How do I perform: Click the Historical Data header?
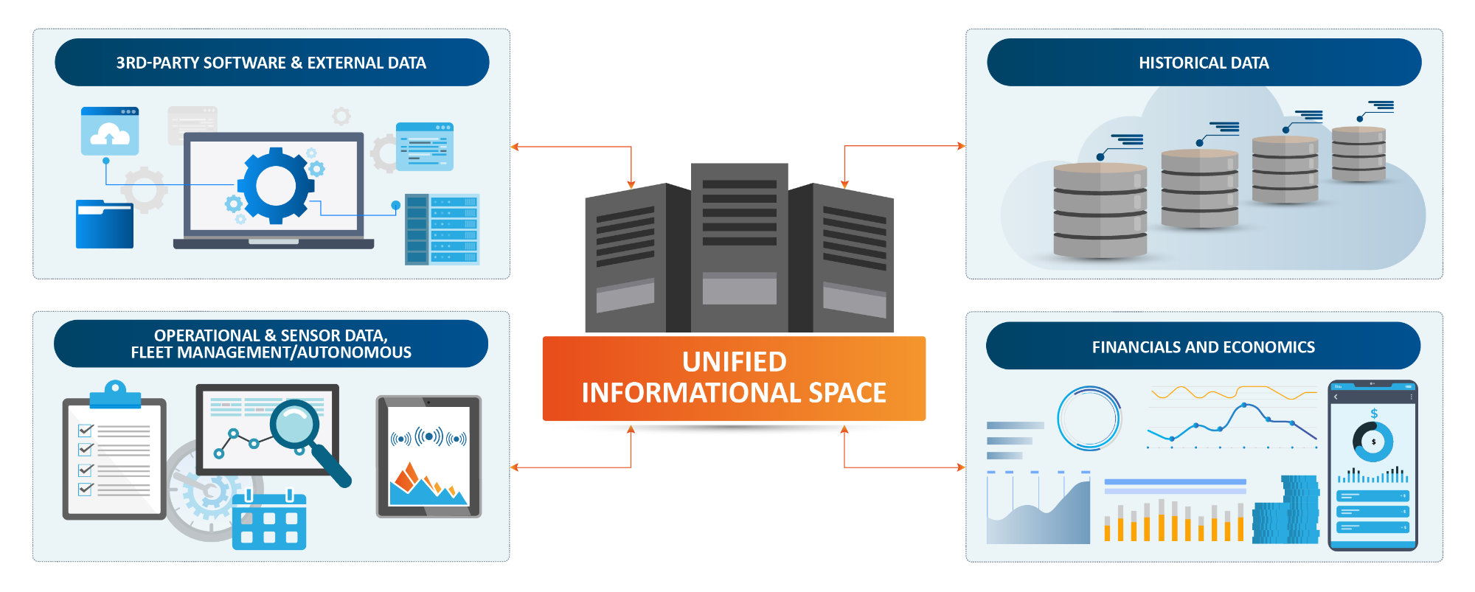(1204, 63)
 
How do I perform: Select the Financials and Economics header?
(1203, 347)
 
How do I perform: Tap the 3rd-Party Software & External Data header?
(271, 63)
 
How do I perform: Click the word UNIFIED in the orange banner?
(734, 362)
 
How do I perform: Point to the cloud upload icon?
(110, 132)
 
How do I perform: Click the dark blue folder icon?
(104, 224)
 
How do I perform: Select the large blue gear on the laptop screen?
(275, 185)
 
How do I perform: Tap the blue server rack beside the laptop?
(442, 229)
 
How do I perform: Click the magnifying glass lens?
(294, 423)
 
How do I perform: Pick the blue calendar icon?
(268, 520)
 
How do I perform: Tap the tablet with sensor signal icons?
(428, 457)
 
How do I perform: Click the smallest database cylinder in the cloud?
(1358, 155)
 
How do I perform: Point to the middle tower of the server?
(739, 247)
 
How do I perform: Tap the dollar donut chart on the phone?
(1372, 441)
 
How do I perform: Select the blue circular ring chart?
(1089, 418)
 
